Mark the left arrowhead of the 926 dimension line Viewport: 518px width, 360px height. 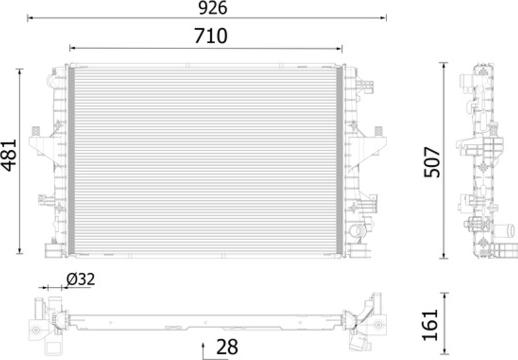28,19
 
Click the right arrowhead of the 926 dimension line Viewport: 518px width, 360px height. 385,19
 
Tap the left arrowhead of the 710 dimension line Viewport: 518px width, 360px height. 69,47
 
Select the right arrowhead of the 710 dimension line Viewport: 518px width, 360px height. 345,47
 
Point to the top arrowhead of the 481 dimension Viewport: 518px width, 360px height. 20,70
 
